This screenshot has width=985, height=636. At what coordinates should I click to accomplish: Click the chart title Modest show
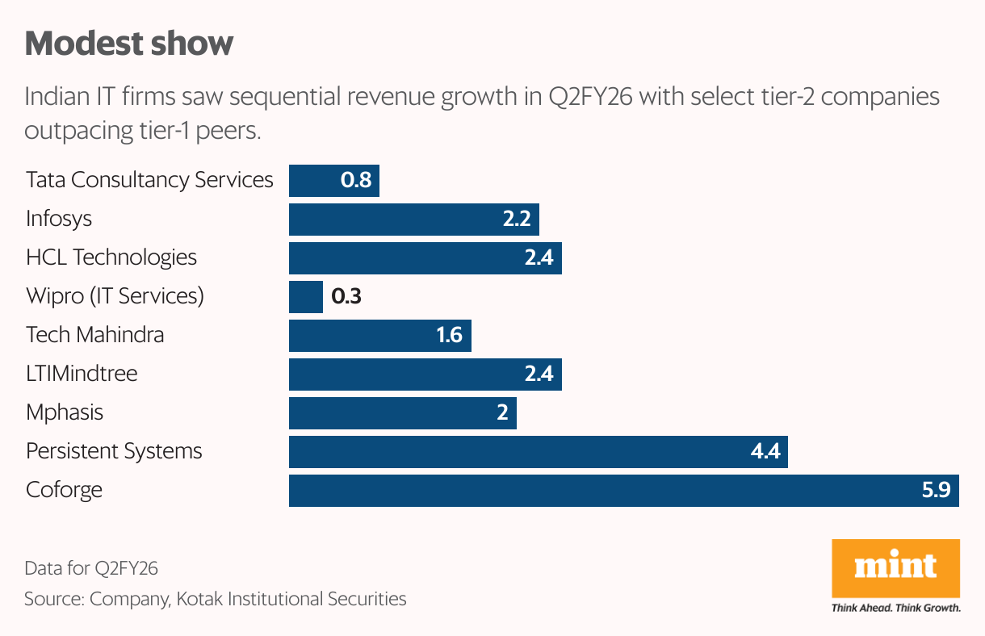(129, 44)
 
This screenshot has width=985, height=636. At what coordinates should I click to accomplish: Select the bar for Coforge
(623, 491)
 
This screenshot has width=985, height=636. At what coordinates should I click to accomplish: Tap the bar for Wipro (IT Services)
(306, 297)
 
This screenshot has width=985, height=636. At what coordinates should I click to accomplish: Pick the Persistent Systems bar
(538, 452)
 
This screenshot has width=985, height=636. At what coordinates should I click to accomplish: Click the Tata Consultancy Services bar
(333, 180)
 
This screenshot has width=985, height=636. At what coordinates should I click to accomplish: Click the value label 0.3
(346, 297)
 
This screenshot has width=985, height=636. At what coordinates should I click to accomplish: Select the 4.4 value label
(765, 452)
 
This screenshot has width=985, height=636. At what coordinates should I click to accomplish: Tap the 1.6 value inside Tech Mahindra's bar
(449, 335)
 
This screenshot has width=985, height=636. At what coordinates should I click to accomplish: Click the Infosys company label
(59, 219)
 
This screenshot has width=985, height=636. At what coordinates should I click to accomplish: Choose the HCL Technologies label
(111, 257)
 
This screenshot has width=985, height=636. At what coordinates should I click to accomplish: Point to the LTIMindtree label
(82, 374)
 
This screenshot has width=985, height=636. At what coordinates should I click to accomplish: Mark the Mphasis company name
(65, 412)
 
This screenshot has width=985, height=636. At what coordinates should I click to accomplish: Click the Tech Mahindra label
(94, 335)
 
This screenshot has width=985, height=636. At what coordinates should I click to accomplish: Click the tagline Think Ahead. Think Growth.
(895, 608)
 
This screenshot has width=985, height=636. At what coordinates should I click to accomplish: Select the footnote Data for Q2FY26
(91, 568)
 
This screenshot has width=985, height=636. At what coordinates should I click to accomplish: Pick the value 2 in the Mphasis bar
(502, 413)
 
